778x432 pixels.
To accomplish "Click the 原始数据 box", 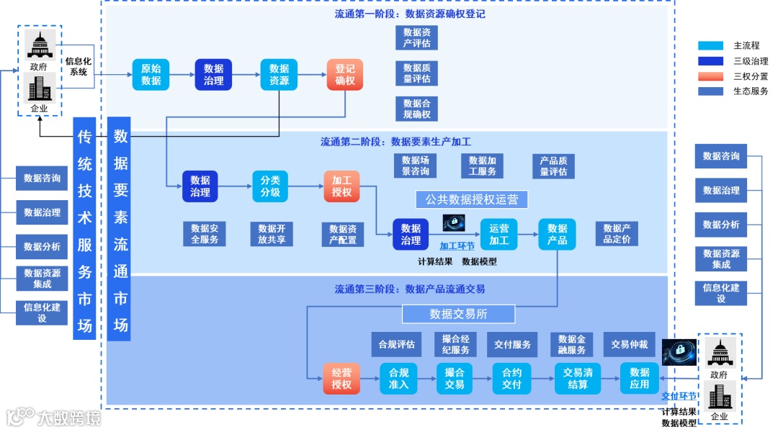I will click(x=151, y=75).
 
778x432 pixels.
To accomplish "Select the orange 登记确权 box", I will click(x=345, y=75).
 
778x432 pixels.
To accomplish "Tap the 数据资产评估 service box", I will click(x=416, y=37).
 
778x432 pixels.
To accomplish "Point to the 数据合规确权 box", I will click(x=416, y=109).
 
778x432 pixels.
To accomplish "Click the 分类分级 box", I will click(x=270, y=186).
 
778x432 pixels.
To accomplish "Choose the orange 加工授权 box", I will click(x=341, y=186).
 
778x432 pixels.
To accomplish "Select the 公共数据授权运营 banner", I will click(x=472, y=199).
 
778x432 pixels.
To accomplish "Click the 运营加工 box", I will click(x=498, y=234).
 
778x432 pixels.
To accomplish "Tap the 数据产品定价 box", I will click(x=617, y=233).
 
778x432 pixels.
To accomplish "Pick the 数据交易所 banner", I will click(x=458, y=313).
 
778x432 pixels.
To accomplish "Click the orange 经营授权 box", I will click(x=341, y=378).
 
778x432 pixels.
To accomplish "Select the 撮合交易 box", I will click(x=455, y=378).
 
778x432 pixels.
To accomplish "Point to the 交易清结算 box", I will click(x=578, y=378).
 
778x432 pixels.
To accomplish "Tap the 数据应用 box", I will click(x=640, y=378).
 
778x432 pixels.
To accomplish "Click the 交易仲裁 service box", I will click(x=629, y=344).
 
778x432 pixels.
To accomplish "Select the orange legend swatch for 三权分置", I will click(x=710, y=76).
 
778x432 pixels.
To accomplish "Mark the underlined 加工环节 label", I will click(x=457, y=246).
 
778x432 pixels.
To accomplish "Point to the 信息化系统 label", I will click(x=77, y=66).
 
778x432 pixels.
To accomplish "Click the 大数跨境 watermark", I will click(x=54, y=417).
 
